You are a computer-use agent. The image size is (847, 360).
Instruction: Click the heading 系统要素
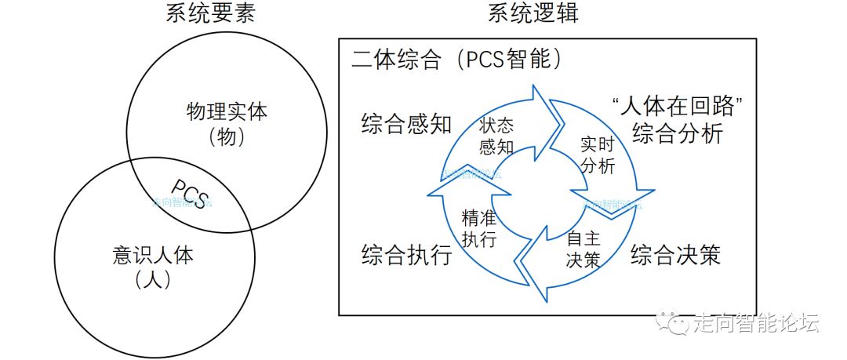pyautogui.click(x=211, y=13)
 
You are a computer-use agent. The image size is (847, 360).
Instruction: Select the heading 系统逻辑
pyautogui.click(x=534, y=13)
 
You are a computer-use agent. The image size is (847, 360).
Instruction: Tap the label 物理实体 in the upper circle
pyautogui.click(x=227, y=111)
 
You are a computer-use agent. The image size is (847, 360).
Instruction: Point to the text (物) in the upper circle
pyautogui.click(x=227, y=137)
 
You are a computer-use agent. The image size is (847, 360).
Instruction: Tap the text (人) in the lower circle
pyautogui.click(x=153, y=280)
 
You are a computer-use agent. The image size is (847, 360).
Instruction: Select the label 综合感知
pyautogui.click(x=407, y=124)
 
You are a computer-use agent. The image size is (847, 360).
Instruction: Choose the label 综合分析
pyautogui.click(x=678, y=133)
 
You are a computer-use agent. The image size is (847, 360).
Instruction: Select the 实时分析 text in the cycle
pyautogui.click(x=598, y=155)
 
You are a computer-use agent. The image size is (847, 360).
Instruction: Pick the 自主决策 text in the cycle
pyautogui.click(x=583, y=248)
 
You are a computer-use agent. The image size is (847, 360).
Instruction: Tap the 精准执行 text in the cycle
pyautogui.click(x=478, y=227)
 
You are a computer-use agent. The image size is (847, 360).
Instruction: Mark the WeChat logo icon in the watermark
pyautogui.click(x=674, y=322)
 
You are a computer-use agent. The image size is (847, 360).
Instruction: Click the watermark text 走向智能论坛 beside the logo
pyautogui.click(x=757, y=322)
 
